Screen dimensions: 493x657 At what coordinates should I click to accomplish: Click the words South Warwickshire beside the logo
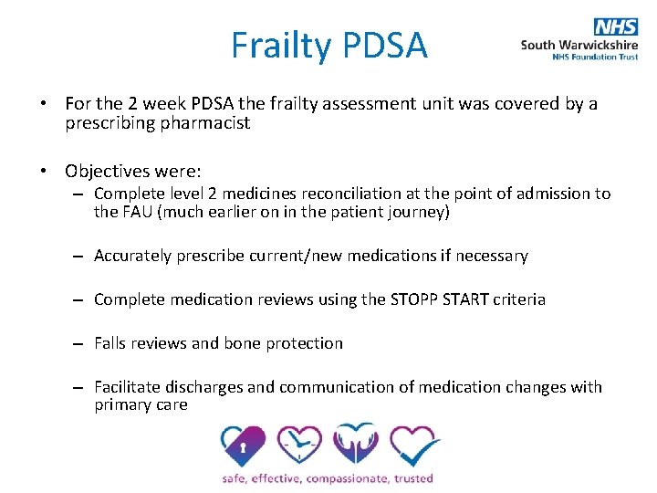tap(579, 43)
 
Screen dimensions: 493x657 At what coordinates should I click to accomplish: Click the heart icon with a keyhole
tap(242, 446)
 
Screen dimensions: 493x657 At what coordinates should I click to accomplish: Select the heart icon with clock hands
tap(298, 446)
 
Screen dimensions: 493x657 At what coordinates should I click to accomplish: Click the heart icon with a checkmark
tap(413, 446)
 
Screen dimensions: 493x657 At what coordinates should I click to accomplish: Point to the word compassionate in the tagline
tap(349, 477)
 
